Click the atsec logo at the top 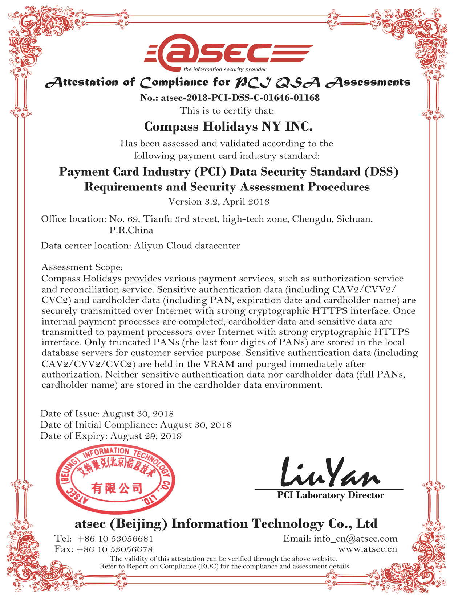(x=228, y=53)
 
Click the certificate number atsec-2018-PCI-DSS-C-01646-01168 (x=240, y=98)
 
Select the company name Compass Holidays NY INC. (x=228, y=127)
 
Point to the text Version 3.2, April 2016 (x=219, y=202)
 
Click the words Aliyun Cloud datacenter (x=187, y=246)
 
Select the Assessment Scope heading (x=82, y=267)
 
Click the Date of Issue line (x=107, y=413)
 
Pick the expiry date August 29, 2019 (x=146, y=436)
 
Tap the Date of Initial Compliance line (x=135, y=425)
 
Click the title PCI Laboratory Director (x=330, y=495)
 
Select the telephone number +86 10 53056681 (x=115, y=539)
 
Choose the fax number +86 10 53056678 (x=114, y=549)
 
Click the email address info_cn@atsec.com (x=355, y=539)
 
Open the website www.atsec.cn (x=367, y=549)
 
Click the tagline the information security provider (x=224, y=70)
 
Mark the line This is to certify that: (x=227, y=111)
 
